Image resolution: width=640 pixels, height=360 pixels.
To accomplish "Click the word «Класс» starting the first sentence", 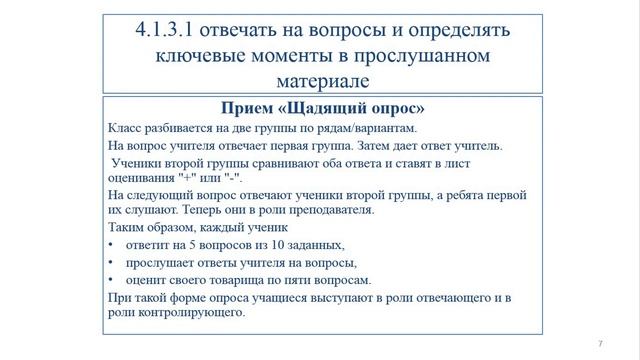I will coord(122,128).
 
